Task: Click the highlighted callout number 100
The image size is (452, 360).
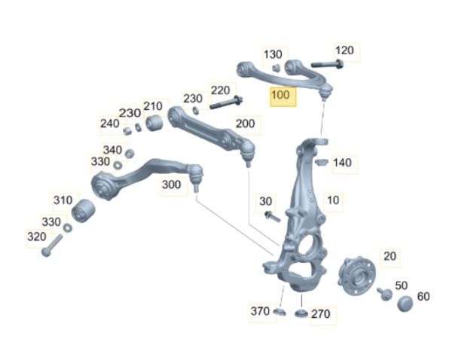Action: tap(280, 95)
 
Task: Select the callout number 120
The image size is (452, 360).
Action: tap(344, 50)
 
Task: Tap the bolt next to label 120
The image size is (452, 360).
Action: tap(328, 64)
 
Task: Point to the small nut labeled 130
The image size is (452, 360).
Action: tap(276, 68)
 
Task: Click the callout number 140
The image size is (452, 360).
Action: tap(342, 163)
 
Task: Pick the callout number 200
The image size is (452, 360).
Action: tap(246, 124)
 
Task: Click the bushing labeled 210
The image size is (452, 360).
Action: tap(154, 123)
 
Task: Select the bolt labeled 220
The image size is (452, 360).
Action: tap(226, 102)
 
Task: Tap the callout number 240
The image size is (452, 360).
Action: tap(109, 124)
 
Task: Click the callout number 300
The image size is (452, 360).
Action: tap(172, 185)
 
